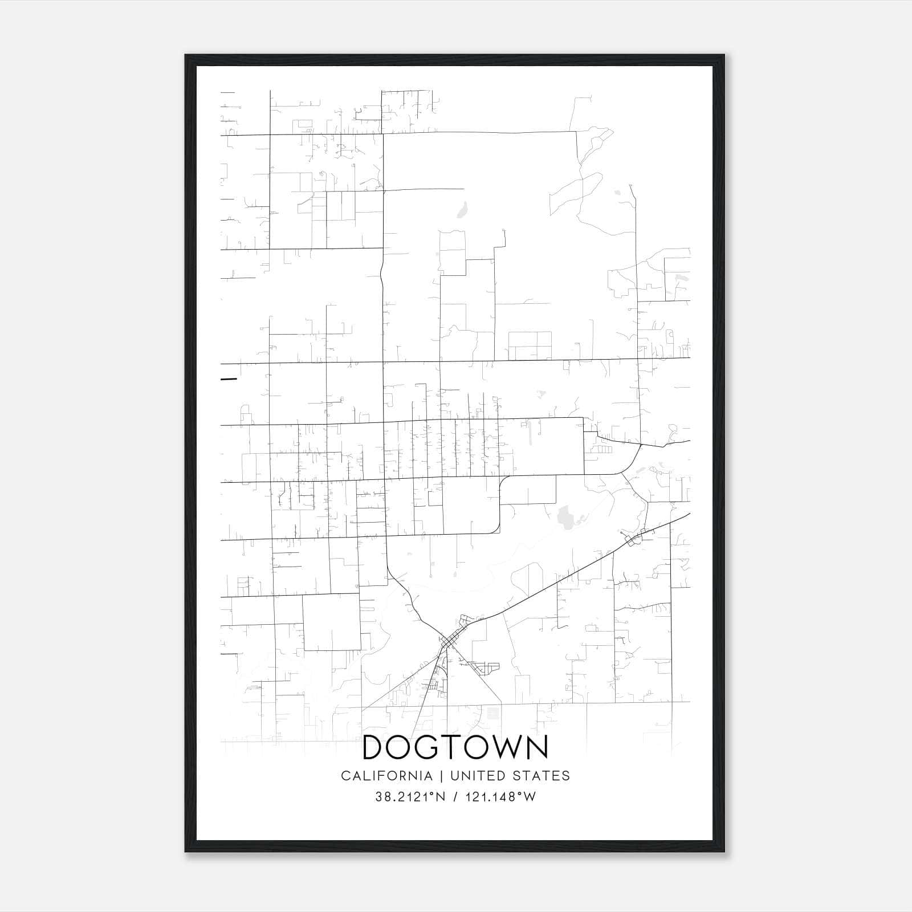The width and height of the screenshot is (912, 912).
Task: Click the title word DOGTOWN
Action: click(x=455, y=747)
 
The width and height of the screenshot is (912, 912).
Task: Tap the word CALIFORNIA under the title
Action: click(x=386, y=776)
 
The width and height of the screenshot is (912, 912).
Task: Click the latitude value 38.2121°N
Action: click(x=410, y=797)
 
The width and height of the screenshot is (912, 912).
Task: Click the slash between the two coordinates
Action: click(x=454, y=797)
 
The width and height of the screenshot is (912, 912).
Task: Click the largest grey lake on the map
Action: click(x=565, y=518)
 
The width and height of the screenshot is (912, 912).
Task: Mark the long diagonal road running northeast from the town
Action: click(x=547, y=587)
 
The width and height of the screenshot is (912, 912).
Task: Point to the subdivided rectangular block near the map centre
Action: click(x=530, y=345)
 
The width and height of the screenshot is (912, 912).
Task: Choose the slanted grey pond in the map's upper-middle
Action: click(x=462, y=209)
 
